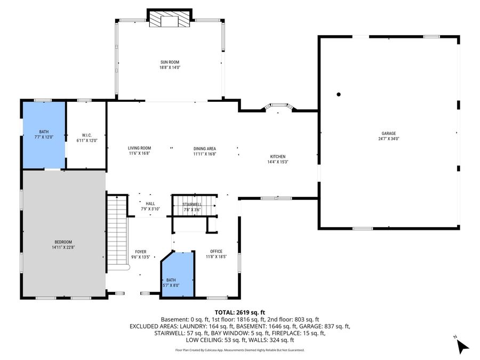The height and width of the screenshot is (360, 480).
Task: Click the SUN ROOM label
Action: tap(170, 62)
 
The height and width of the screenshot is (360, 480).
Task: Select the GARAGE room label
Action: tap(388, 133)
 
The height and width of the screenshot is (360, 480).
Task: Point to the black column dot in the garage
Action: tap(339, 95)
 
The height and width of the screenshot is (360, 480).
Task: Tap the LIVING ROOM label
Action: tap(139, 148)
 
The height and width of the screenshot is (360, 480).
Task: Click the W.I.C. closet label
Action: tap(87, 134)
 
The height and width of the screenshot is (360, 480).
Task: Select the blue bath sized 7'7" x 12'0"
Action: tap(44, 134)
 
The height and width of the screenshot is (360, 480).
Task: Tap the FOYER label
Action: tap(140, 252)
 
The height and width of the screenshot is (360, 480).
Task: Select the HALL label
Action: tap(150, 203)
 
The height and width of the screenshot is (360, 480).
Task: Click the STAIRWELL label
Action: tap(191, 204)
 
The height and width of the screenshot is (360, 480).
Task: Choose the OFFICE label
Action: tap(216, 251)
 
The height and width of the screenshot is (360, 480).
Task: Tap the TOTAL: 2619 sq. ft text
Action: tap(240, 312)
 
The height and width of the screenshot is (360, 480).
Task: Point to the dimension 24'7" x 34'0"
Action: tap(388, 139)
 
